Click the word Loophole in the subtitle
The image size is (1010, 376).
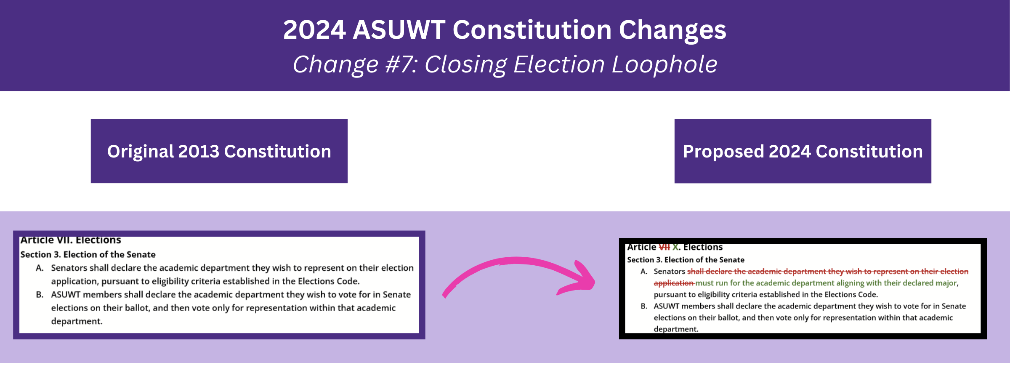pyautogui.click(x=664, y=64)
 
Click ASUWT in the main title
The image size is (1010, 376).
pyautogui.click(x=399, y=30)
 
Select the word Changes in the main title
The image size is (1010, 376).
pyautogui.click(x=672, y=31)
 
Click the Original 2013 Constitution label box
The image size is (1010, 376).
pyautogui.click(x=219, y=151)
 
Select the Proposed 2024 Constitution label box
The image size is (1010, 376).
pyautogui.click(x=803, y=151)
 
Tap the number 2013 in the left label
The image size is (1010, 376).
pyautogui.click(x=199, y=152)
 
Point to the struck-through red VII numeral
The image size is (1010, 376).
pyautogui.click(x=664, y=247)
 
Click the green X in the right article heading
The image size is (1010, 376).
pyautogui.click(x=675, y=247)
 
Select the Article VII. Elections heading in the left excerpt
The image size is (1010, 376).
pyautogui.click(x=71, y=240)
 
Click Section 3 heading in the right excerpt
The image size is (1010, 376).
pyautogui.click(x=686, y=260)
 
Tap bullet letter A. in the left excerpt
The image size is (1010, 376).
pyautogui.click(x=40, y=268)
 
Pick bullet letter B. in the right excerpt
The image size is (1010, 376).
pyautogui.click(x=644, y=306)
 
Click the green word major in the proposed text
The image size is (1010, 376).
pyautogui.click(x=947, y=283)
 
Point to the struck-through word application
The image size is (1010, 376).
pyautogui.click(x=673, y=283)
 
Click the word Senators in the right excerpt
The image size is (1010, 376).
pyautogui.click(x=670, y=272)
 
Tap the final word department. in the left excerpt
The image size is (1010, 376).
pyautogui.click(x=77, y=321)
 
